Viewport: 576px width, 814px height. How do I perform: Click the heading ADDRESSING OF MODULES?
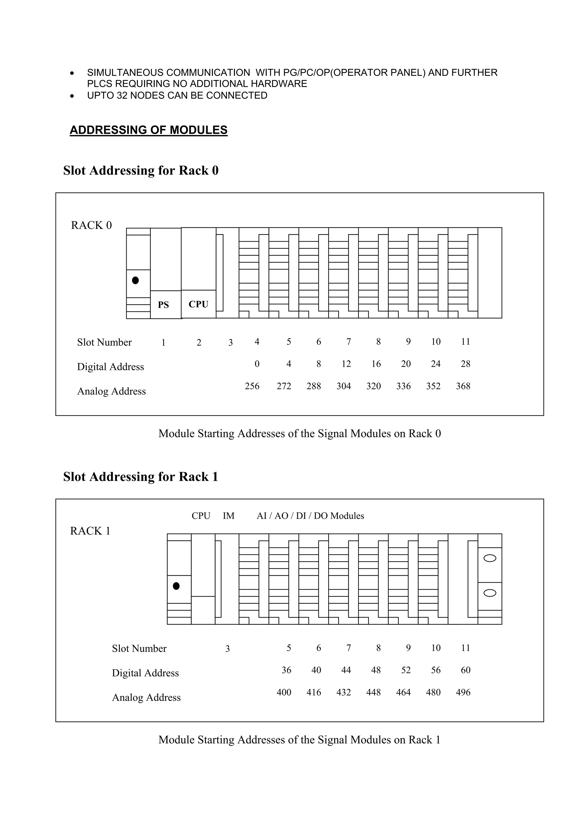click(x=148, y=130)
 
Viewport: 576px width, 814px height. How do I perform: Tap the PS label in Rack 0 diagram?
click(x=163, y=305)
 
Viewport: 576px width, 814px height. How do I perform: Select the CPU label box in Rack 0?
click(x=198, y=304)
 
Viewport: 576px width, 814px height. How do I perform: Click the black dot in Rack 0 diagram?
click(x=135, y=280)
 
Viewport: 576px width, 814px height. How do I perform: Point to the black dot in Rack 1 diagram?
click(x=176, y=586)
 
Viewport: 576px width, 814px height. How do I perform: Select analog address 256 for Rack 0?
click(x=252, y=386)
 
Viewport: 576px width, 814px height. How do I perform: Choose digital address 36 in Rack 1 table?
click(x=286, y=670)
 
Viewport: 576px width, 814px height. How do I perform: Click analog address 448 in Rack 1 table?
click(x=373, y=692)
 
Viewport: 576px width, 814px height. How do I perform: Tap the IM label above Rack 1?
click(x=229, y=516)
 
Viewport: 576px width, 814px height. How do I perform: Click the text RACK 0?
click(x=91, y=226)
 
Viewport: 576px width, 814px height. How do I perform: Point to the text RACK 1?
click(x=90, y=531)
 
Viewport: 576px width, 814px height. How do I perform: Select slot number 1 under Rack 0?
click(x=163, y=342)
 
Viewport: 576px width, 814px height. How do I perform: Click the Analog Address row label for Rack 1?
click(x=146, y=698)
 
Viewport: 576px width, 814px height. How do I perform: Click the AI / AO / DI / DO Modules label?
click(x=310, y=516)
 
